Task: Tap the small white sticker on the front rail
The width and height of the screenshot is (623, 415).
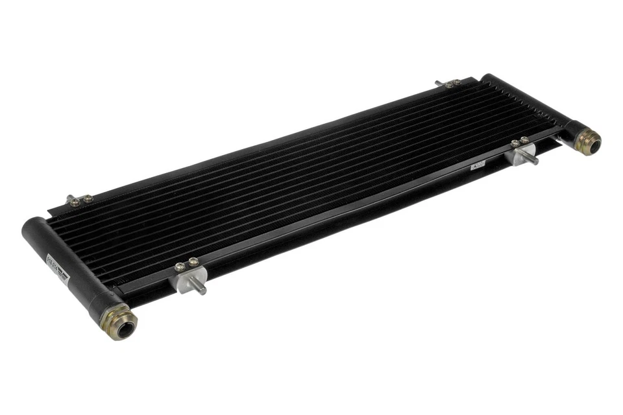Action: (478, 167)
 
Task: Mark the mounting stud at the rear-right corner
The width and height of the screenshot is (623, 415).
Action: (439, 82)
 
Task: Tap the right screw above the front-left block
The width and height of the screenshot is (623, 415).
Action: (193, 262)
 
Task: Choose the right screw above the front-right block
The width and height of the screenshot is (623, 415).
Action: (524, 139)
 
